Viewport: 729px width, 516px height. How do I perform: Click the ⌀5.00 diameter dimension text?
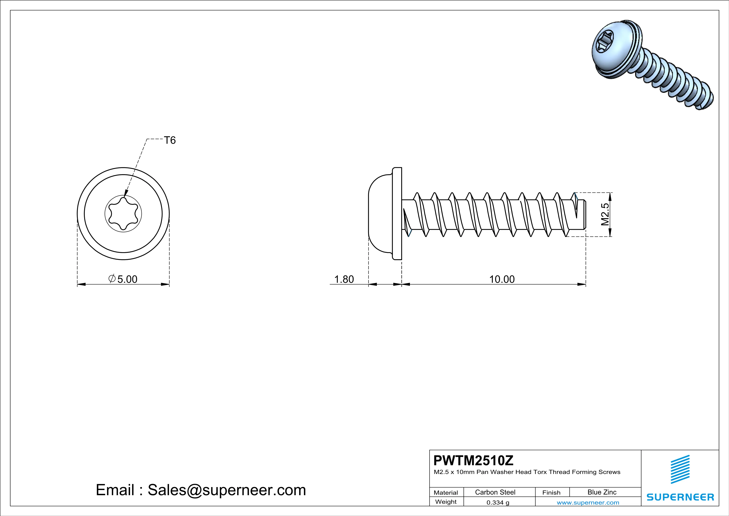point(123,279)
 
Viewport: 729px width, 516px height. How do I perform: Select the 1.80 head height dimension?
point(344,279)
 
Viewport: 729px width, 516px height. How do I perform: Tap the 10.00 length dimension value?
point(502,279)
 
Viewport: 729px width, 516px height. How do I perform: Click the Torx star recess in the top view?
point(123,213)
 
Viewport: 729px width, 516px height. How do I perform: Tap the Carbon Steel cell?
point(495,492)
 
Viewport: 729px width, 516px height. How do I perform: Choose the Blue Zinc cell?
point(602,492)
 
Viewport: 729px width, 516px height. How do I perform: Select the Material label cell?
point(446,492)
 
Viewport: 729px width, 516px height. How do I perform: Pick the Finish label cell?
point(551,492)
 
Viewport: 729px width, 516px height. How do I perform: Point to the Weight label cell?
point(446,502)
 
